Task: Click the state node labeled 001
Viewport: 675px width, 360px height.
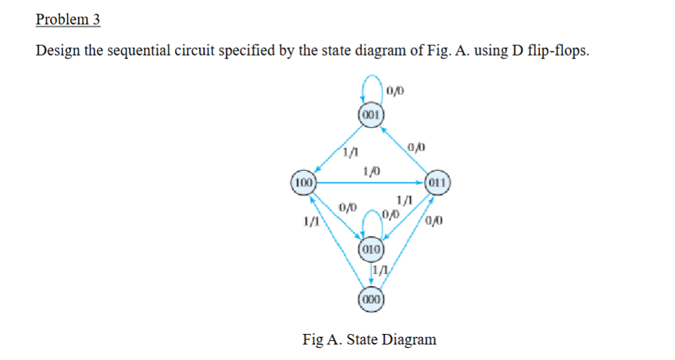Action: click(x=370, y=113)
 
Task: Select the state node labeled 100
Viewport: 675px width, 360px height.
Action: click(x=304, y=184)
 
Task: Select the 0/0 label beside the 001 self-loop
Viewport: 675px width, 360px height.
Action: click(x=396, y=90)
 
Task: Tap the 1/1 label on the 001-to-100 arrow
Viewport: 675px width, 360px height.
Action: click(x=348, y=152)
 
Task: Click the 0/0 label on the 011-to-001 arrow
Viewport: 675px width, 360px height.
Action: click(x=416, y=147)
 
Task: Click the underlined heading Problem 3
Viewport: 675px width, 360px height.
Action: click(x=68, y=19)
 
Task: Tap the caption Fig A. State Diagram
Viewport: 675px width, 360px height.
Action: click(x=369, y=340)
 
